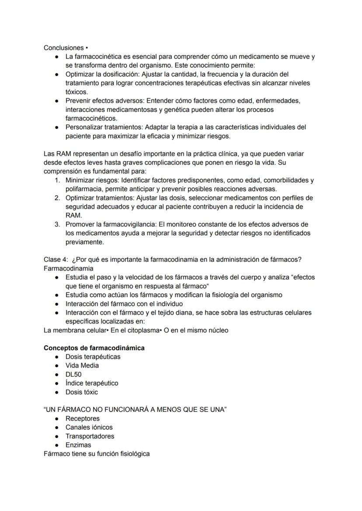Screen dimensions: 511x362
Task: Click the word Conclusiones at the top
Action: pyautogui.click(x=63, y=48)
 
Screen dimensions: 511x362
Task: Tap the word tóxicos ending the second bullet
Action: pyautogui.click(x=77, y=92)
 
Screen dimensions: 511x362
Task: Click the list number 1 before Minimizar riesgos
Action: pyautogui.click(x=57, y=180)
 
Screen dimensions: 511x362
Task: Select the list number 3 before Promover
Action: pyautogui.click(x=57, y=224)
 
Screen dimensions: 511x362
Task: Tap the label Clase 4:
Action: pyautogui.click(x=56, y=260)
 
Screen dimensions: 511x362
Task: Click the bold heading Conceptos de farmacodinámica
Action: pyautogui.click(x=94, y=348)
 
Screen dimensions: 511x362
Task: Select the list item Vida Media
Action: pyautogui.click(x=82, y=365)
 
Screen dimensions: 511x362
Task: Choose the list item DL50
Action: pyautogui.click(x=73, y=374)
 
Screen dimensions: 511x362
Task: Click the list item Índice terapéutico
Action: pyautogui.click(x=92, y=383)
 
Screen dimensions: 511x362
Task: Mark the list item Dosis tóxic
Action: pyautogui.click(x=82, y=392)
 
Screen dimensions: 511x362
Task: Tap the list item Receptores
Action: pyautogui.click(x=83, y=418)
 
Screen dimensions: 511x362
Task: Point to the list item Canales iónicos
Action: pyautogui.click(x=89, y=427)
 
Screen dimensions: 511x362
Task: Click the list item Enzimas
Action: pyautogui.click(x=78, y=445)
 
